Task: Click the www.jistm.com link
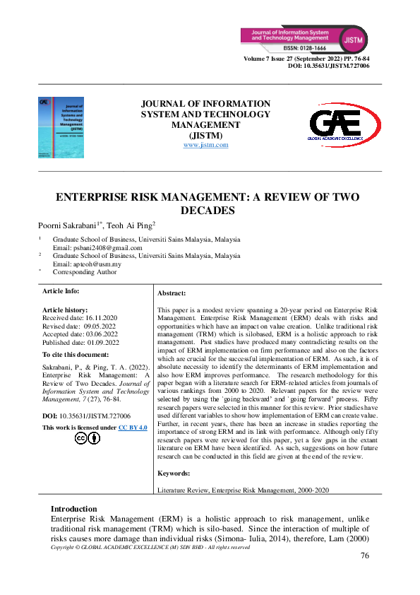(205, 145)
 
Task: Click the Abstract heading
(172, 293)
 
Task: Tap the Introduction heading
(74, 509)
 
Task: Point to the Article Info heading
(61, 290)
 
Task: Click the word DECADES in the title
(209, 210)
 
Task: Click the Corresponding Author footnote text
(85, 271)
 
